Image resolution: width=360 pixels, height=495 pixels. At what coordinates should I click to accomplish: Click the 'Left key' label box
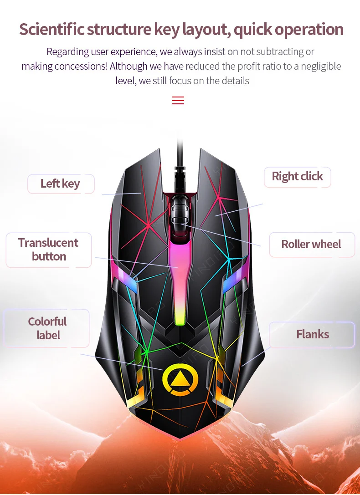(61, 184)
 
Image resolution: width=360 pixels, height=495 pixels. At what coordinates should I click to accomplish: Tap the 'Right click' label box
(297, 177)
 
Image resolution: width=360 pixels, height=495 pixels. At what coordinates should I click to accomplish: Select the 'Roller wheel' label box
(311, 245)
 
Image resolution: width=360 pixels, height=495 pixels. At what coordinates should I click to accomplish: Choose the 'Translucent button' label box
(48, 250)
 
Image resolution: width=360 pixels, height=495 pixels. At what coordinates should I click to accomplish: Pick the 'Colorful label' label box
(47, 328)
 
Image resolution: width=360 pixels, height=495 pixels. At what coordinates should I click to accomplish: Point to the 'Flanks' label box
(312, 335)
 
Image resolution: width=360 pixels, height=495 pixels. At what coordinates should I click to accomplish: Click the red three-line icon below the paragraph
(178, 101)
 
